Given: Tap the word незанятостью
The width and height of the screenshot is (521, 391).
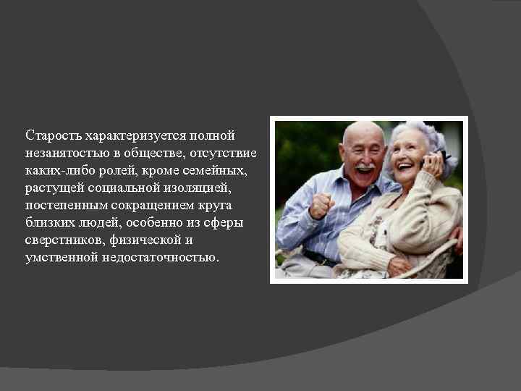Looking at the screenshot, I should pos(64,153).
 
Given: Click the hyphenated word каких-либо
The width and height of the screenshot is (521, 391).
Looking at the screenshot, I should pos(56,170).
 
